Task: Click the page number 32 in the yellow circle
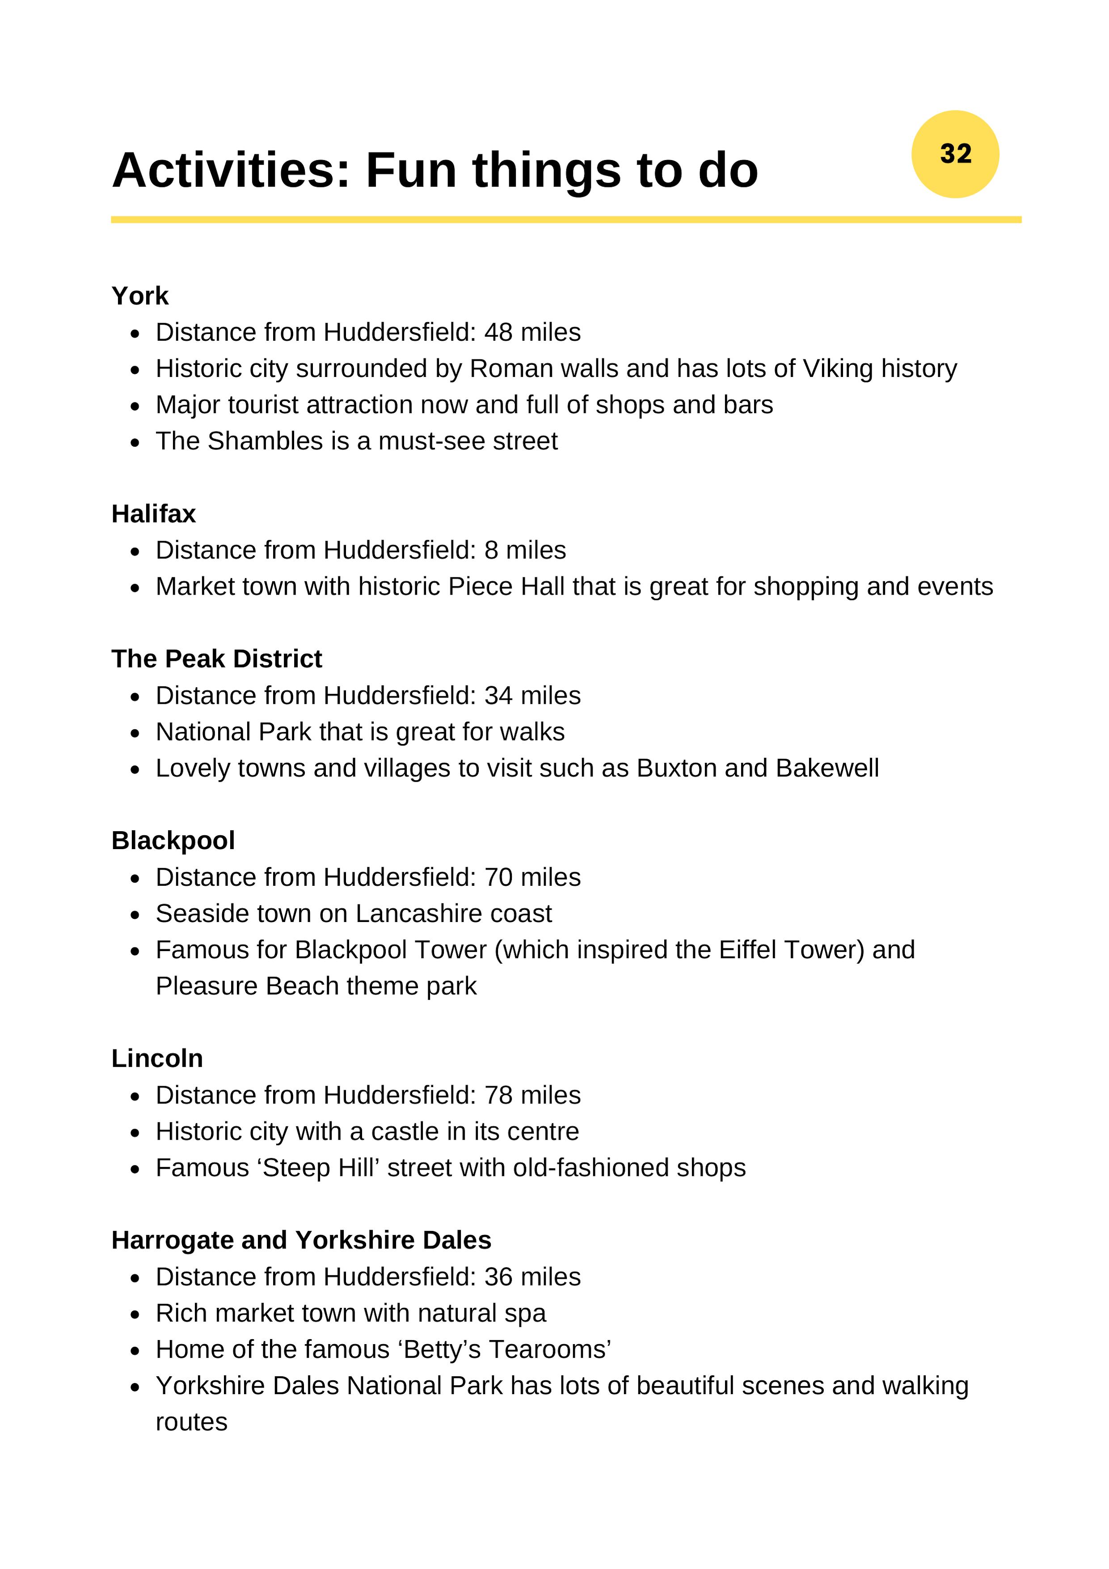955,154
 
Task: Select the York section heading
139,296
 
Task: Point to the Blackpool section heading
173,841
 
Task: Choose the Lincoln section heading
157,1058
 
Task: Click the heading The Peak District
217,659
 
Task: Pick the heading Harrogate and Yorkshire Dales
301,1240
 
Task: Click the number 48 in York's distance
498,333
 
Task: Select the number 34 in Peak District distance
498,696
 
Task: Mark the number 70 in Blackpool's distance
498,877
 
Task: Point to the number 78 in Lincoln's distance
498,1095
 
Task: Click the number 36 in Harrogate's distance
498,1277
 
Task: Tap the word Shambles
265,441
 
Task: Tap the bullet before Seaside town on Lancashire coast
135,915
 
